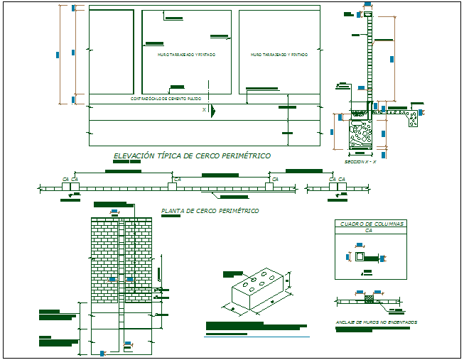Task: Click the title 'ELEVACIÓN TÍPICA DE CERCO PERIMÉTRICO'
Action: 192,156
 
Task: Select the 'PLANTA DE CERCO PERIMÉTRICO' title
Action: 210,211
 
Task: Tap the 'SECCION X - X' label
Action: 360,161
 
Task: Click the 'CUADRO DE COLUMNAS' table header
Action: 369,224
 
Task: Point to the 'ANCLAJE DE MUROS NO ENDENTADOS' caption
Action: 376,322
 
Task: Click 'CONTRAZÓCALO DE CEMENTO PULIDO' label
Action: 165,99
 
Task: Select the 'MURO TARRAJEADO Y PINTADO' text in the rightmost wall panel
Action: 279,54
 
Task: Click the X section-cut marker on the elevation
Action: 204,110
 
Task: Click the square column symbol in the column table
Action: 360,256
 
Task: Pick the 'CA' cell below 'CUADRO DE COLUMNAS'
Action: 369,231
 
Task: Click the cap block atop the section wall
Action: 368,14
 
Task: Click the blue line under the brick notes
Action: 257,337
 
